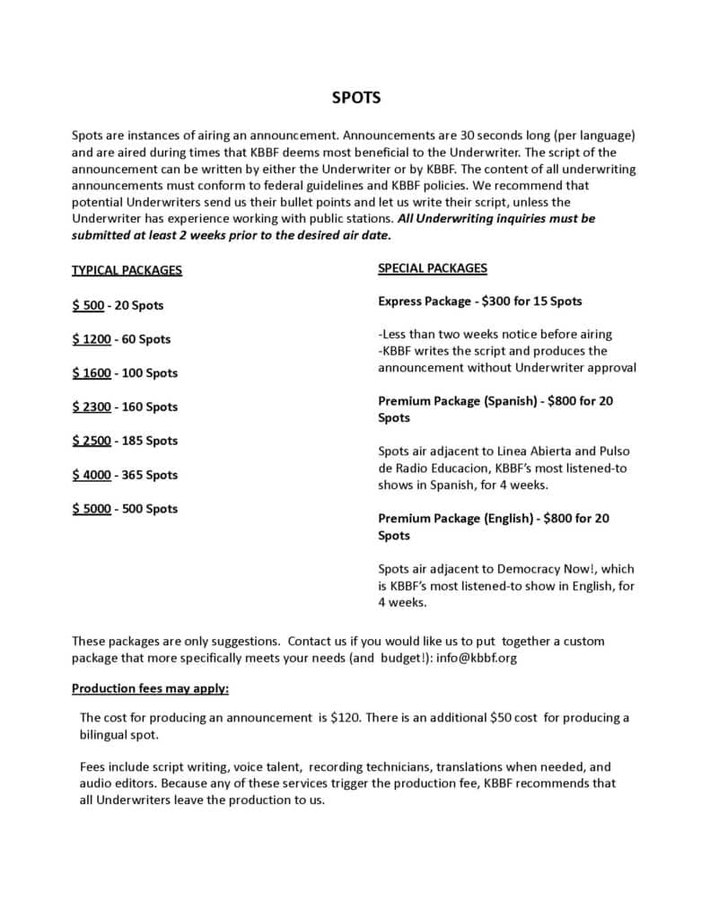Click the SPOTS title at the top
pos(356,98)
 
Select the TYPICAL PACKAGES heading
pos(127,270)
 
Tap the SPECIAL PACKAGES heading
pos(433,268)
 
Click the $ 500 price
pos(88,305)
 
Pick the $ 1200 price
pos(92,339)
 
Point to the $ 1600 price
pos(92,372)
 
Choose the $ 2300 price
pos(92,407)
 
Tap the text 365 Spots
pos(148,475)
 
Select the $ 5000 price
pos(92,509)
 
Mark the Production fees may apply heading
pos(151,689)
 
